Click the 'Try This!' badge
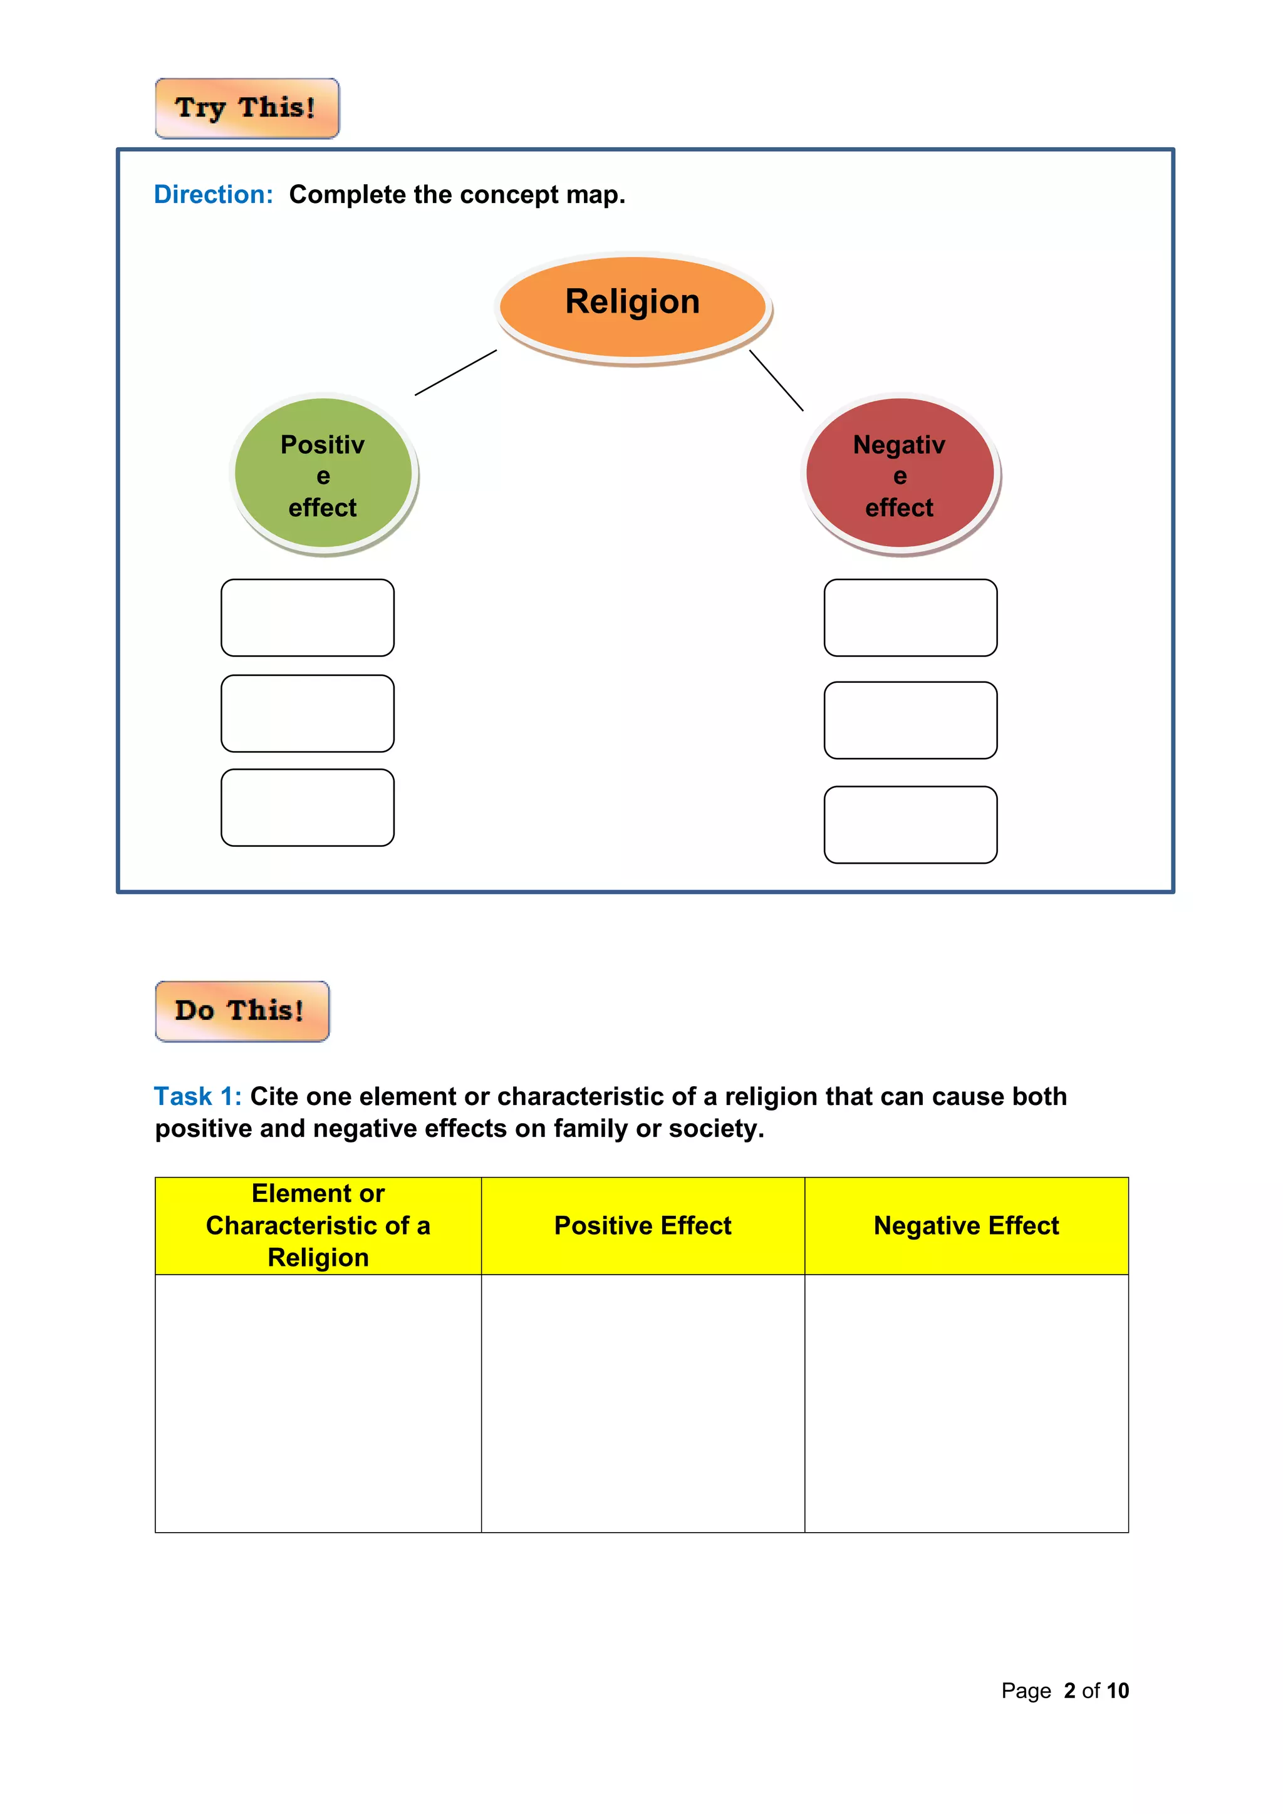[x=246, y=108]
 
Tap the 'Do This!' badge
[x=242, y=1011]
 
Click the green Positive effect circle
[x=323, y=474]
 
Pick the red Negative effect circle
[x=900, y=474]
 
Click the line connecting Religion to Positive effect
[x=456, y=372]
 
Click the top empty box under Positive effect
[x=308, y=618]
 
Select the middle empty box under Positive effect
[x=308, y=713]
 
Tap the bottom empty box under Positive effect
[x=308, y=807]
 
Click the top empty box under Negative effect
[x=910, y=618]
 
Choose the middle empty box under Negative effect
[x=910, y=720]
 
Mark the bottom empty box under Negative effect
[x=910, y=825]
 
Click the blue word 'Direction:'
[x=213, y=194]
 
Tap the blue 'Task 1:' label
[x=197, y=1097]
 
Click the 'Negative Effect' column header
[x=966, y=1225]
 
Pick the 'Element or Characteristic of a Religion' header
[x=318, y=1225]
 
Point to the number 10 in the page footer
[x=1117, y=1691]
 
